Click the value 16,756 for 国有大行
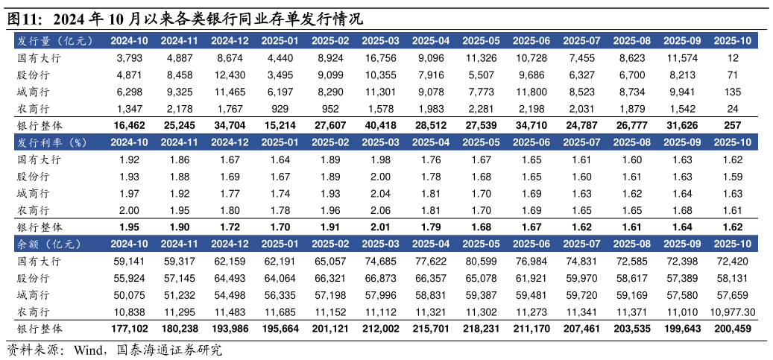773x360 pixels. pyautogui.click(x=381, y=57)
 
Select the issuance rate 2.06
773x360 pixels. pyautogui.click(x=381, y=211)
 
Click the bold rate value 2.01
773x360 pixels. pyautogui.click(x=381, y=227)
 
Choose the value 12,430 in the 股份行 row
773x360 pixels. pyautogui.click(x=230, y=75)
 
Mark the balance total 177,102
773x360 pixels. pyautogui.click(x=129, y=329)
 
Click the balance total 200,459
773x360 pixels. pyautogui.click(x=733, y=329)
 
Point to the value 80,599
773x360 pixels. pyautogui.click(x=482, y=262)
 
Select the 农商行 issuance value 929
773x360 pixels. pyautogui.click(x=280, y=109)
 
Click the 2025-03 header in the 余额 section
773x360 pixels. pyautogui.click(x=380, y=244)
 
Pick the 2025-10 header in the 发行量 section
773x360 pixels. pyautogui.click(x=733, y=40)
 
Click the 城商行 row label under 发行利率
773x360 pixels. pyautogui.click(x=34, y=194)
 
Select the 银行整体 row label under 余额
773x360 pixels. pyautogui.click(x=39, y=329)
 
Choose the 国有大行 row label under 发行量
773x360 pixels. pyautogui.click(x=39, y=57)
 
